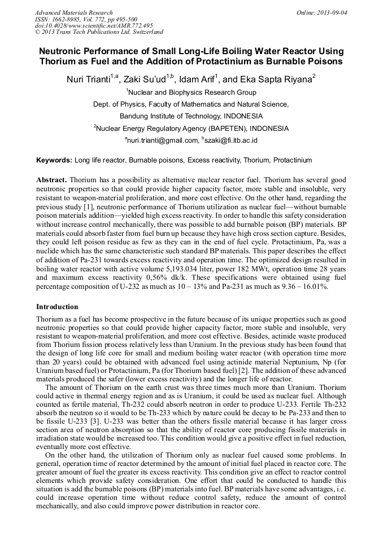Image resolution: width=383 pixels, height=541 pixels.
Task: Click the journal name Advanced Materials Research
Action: click(73, 12)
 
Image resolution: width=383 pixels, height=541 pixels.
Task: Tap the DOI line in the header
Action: click(94, 26)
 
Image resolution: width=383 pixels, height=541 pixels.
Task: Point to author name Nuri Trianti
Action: click(88, 80)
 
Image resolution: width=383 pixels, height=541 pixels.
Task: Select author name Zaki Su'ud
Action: click(145, 80)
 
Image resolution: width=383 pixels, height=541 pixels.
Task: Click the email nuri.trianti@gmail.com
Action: click(161, 140)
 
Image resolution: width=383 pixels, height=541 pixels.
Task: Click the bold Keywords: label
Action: click(54, 160)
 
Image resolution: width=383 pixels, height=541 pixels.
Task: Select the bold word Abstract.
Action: click(51, 180)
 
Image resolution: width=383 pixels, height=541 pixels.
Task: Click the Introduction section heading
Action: click(57, 307)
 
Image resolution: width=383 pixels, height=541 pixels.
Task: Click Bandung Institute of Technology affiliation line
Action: click(191, 116)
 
